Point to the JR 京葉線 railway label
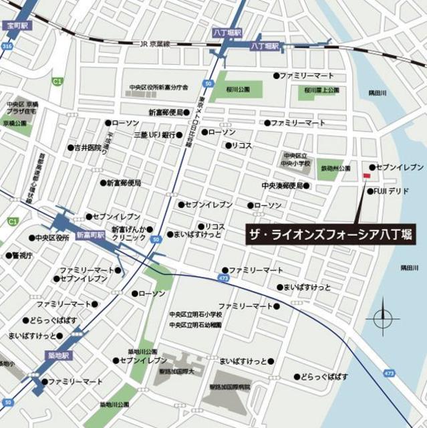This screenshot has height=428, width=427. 154,44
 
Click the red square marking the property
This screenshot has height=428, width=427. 366,176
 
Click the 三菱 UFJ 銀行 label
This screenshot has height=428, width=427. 153,134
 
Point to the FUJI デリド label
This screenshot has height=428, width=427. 391,191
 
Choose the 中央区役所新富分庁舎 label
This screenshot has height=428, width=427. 159,88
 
